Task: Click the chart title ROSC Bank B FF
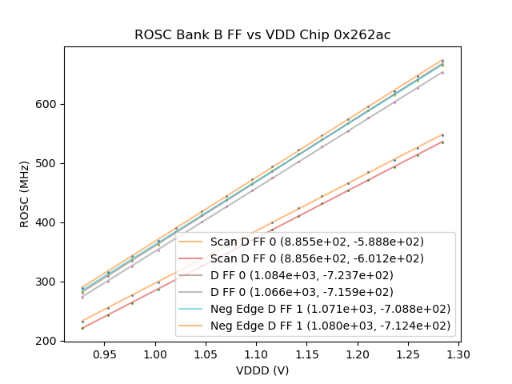coord(262,35)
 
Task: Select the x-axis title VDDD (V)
coord(262,370)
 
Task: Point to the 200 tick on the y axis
coord(48,341)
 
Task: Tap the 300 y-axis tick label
coord(48,282)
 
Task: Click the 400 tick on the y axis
coord(48,222)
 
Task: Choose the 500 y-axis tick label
coord(48,163)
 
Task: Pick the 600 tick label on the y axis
coord(48,104)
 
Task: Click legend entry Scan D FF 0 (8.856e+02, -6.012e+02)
coord(317,258)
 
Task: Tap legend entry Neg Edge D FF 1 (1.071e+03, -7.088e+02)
coord(330,309)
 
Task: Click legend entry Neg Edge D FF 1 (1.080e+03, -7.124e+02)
coord(330,326)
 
